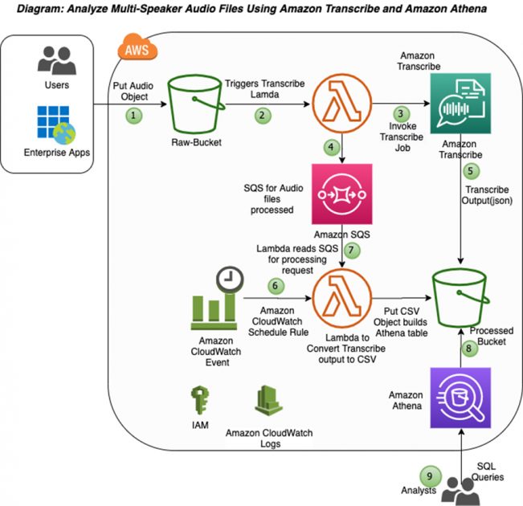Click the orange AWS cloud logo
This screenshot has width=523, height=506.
[x=137, y=47]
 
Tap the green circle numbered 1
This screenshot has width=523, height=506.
[x=133, y=116]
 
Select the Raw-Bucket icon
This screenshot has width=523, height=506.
[x=197, y=104]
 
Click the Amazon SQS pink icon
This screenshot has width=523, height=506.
[x=342, y=194]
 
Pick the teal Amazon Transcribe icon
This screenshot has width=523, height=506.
[x=460, y=104]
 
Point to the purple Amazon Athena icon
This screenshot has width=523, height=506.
[x=460, y=398]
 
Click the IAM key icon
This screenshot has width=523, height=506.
[x=200, y=400]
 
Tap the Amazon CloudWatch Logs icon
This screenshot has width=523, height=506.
[x=268, y=401]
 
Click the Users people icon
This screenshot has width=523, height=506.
[x=57, y=60]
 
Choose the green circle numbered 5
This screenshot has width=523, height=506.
[x=471, y=171]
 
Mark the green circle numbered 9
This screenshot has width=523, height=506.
[x=431, y=476]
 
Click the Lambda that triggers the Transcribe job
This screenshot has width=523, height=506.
[x=342, y=104]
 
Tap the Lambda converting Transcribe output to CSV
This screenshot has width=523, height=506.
[x=342, y=298]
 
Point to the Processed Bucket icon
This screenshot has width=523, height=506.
[x=460, y=298]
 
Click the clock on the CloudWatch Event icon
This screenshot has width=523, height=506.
[x=230, y=280]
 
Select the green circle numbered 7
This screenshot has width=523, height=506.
[x=352, y=250]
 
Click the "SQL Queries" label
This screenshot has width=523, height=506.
[x=488, y=471]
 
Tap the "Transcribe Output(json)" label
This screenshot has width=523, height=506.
[x=487, y=195]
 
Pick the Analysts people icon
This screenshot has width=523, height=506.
[x=460, y=492]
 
